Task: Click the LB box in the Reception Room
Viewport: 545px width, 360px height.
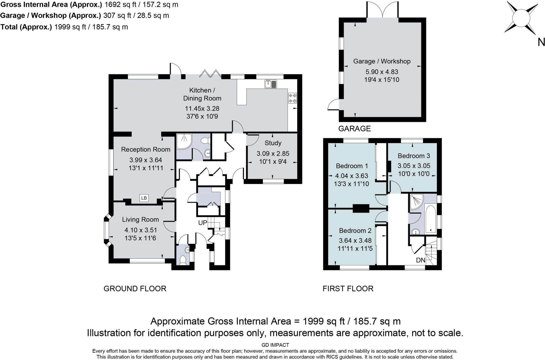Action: click(144, 198)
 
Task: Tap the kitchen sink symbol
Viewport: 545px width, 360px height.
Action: click(271, 84)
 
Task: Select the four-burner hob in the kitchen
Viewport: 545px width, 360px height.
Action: click(292, 98)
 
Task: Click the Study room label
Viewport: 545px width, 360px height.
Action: click(273, 143)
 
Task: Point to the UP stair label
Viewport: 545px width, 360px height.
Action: click(203, 223)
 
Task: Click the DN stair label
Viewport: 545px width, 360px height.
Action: click(421, 260)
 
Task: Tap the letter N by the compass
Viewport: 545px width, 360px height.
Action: click(541, 42)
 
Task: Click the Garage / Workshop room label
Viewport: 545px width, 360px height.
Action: click(382, 61)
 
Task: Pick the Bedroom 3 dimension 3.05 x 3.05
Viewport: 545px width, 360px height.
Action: click(414, 166)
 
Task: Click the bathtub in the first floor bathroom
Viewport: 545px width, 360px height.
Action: click(430, 219)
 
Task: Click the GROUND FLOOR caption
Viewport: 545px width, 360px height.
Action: click(135, 288)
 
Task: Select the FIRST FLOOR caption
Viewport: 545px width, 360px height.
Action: click(348, 288)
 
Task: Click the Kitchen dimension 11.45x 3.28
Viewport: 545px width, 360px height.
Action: click(202, 108)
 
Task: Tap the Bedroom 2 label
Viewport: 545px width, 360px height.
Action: click(355, 231)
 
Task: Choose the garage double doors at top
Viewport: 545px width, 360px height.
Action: click(382, 10)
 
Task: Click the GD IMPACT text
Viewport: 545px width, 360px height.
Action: click(275, 345)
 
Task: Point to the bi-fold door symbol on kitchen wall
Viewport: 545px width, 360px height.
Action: click(210, 74)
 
